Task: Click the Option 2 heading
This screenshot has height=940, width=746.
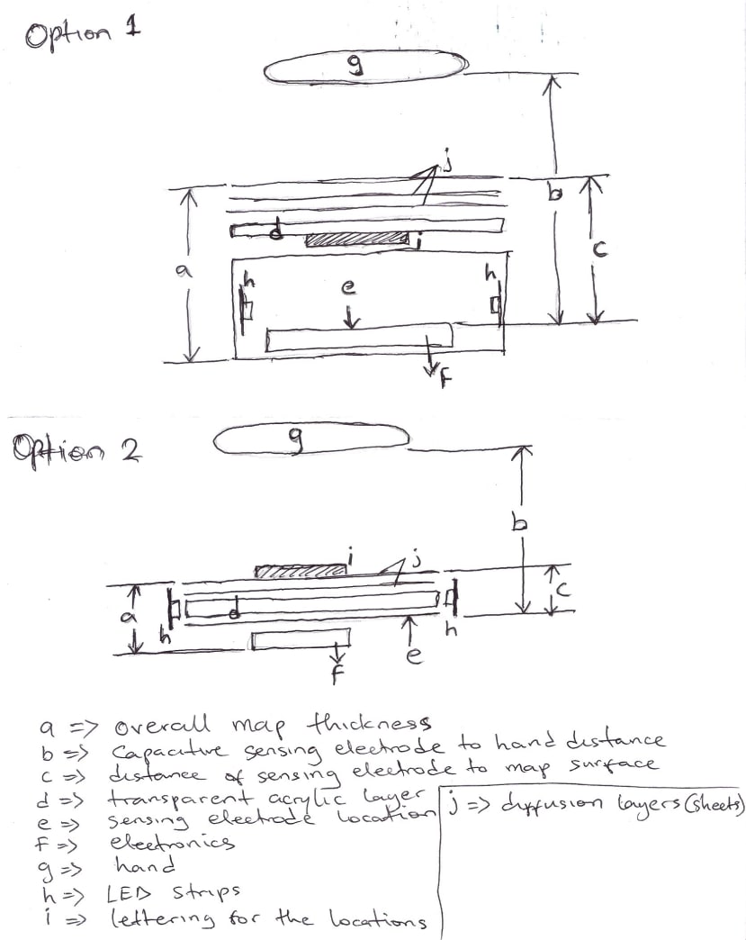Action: [76, 449]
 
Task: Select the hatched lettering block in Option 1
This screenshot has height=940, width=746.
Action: [357, 240]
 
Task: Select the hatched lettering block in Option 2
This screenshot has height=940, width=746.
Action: [300, 571]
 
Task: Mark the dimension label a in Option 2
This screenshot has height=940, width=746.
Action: [129, 618]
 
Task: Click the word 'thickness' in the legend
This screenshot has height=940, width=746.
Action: [369, 724]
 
